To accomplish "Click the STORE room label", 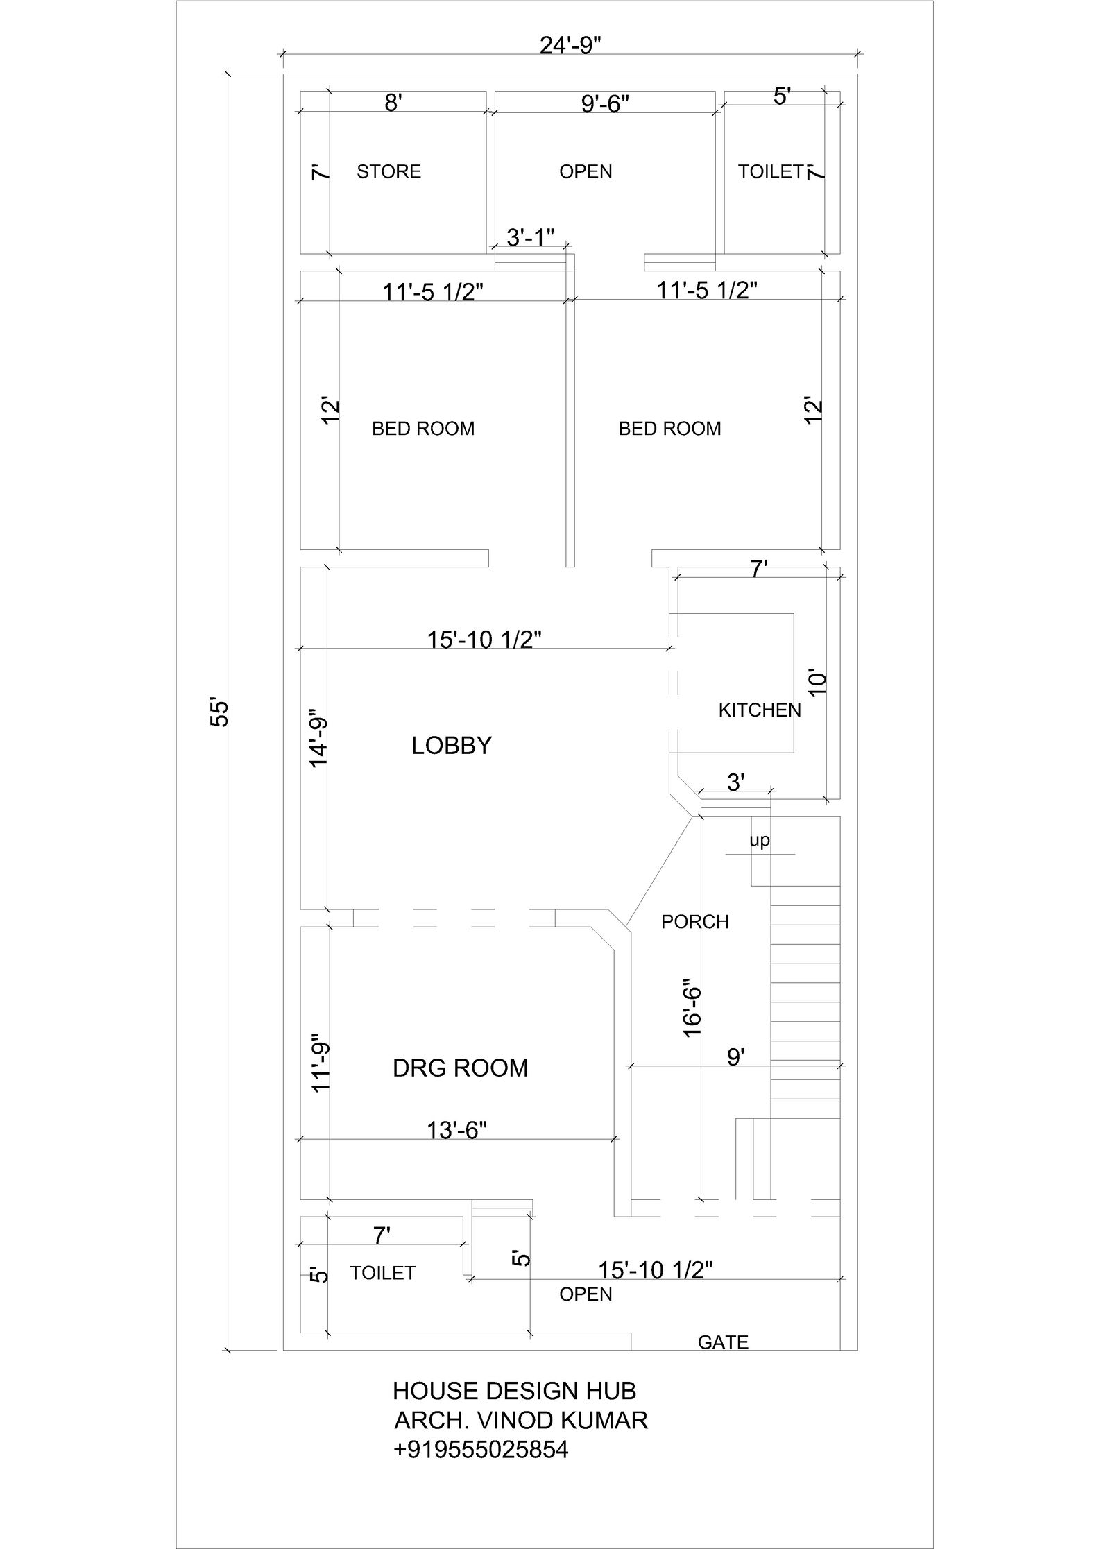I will [388, 171].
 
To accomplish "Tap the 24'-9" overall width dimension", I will [570, 45].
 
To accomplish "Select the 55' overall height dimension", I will [220, 712].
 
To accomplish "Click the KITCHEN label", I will [759, 710].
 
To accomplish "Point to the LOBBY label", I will [451, 746].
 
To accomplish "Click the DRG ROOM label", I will [460, 1068].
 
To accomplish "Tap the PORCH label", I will [694, 922].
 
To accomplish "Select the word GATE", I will [723, 1342].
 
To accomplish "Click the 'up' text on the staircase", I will [759, 841].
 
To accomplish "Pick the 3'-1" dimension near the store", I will [530, 238].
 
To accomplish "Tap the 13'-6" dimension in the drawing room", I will [456, 1131].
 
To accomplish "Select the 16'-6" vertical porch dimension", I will [692, 1008].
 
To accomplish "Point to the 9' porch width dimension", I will [735, 1057].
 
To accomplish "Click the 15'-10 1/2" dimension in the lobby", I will [484, 639].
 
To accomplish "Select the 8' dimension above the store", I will [392, 103].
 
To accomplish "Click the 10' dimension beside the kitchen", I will [818, 683].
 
